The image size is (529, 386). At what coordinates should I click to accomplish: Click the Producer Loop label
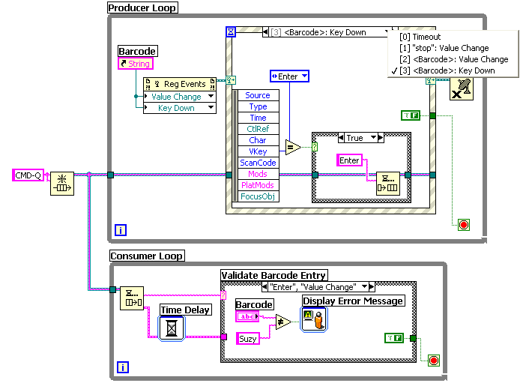tap(142, 7)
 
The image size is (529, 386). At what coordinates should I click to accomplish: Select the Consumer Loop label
tap(147, 256)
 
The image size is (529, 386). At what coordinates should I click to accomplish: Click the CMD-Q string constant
tap(28, 175)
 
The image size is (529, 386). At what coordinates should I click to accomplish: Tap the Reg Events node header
tap(180, 84)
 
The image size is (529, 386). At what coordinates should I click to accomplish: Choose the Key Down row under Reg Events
tap(180, 108)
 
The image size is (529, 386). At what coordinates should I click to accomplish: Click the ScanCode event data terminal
tap(258, 163)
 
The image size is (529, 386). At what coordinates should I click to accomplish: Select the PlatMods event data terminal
tap(258, 185)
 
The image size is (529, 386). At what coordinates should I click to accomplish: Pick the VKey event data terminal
tap(258, 151)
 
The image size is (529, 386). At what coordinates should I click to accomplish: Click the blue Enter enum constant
tap(289, 76)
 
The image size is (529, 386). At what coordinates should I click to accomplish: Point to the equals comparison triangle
tap(292, 148)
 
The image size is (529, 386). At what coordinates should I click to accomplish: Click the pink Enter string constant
tap(349, 160)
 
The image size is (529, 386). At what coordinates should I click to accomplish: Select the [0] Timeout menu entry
tap(420, 37)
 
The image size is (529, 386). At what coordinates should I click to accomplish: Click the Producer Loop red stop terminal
tap(464, 225)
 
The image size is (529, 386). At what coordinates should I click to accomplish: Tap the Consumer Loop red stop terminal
tap(434, 361)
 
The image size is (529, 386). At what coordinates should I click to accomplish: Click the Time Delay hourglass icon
tap(172, 328)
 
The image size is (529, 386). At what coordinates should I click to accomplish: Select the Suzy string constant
tap(248, 339)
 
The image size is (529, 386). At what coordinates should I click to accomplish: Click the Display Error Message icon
tap(314, 319)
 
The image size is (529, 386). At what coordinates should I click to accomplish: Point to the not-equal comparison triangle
tap(282, 322)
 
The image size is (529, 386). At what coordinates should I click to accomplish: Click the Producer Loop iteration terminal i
tap(121, 230)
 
